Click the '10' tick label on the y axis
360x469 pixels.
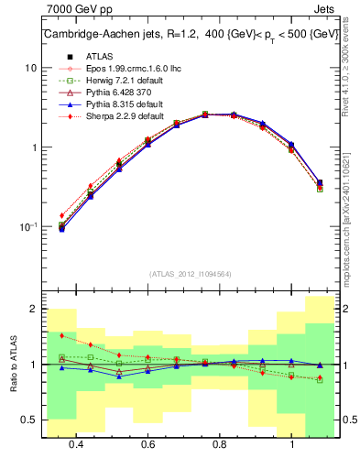[30, 68]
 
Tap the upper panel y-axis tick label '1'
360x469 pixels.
[34, 147]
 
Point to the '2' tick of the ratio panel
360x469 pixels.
[33, 310]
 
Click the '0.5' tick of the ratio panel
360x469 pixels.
[29, 420]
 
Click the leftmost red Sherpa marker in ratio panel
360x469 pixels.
[61, 336]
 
